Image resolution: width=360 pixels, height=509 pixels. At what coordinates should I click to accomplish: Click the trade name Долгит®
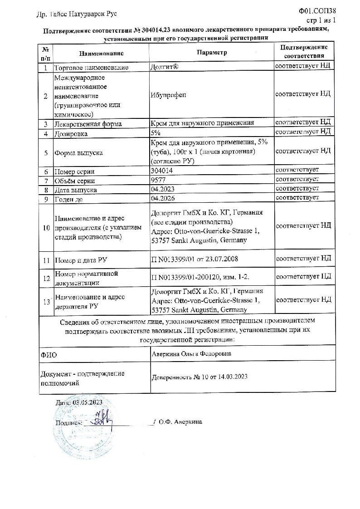[x=164, y=67]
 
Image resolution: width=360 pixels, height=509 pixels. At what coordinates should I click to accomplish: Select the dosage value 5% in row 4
[x=155, y=133]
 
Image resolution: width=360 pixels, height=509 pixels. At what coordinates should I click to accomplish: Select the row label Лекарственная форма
[x=88, y=124]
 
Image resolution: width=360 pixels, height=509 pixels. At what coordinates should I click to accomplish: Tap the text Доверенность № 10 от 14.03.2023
[x=199, y=377]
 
